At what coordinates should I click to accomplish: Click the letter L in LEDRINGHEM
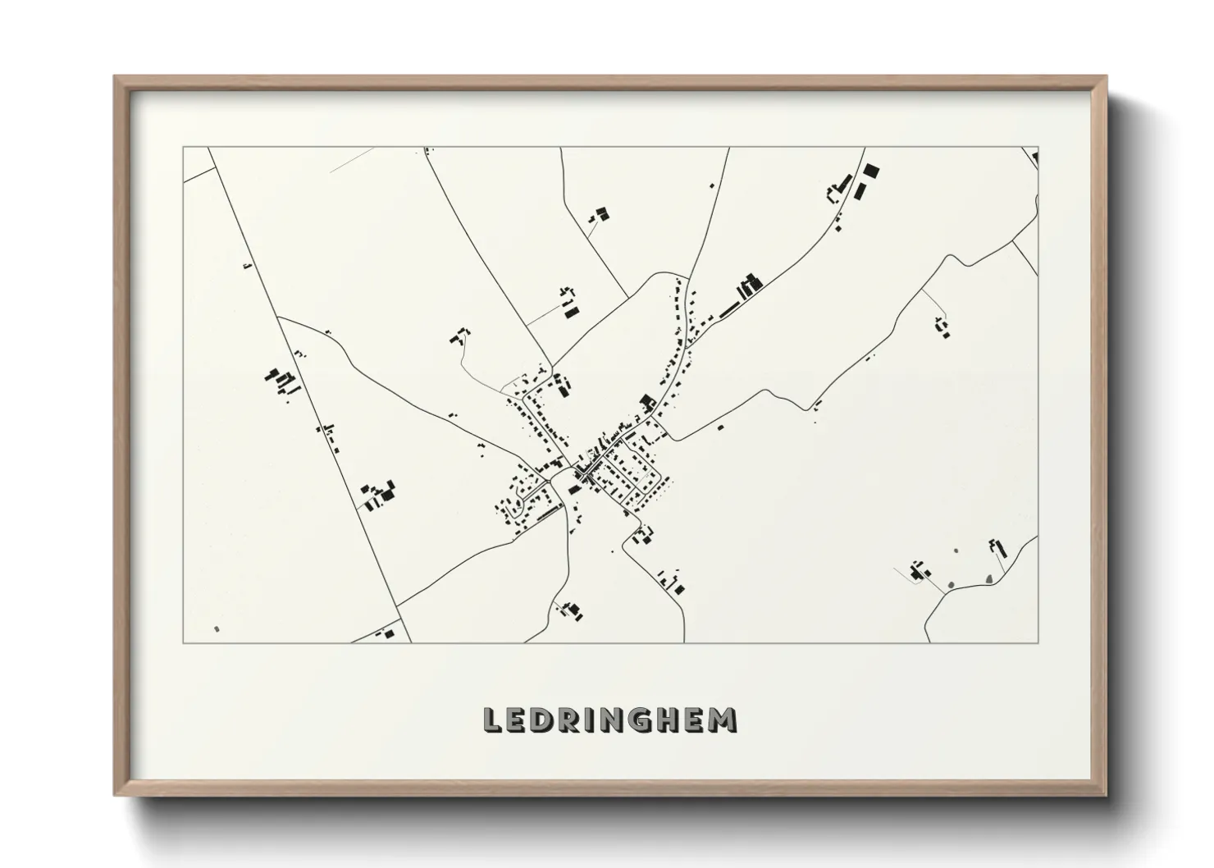click(x=493, y=720)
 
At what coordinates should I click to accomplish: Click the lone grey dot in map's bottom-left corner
click(x=217, y=629)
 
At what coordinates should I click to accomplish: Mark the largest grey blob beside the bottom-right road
click(x=990, y=579)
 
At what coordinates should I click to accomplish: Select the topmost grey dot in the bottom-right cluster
click(x=956, y=550)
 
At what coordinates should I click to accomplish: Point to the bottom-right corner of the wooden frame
click(x=1105, y=795)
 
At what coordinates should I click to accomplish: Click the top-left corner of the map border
click(x=184, y=148)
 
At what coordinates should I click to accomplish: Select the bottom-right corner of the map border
click(x=1038, y=643)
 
